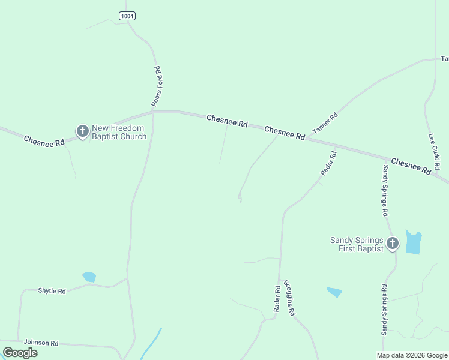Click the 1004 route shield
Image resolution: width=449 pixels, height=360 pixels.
(127, 16)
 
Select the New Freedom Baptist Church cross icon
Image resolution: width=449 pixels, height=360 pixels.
(83, 130)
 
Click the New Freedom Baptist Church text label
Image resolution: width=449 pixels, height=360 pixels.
(119, 132)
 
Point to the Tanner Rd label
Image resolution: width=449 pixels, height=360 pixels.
(325, 124)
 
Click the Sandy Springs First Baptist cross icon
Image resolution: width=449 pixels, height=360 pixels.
(392, 243)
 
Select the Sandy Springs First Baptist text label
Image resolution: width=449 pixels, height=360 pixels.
(357, 245)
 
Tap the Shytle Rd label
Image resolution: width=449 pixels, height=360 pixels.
(52, 291)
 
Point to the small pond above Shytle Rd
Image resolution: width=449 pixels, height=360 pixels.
(89, 277)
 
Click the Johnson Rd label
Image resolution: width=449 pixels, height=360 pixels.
(41, 343)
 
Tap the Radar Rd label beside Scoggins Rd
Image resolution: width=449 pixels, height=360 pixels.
(277, 298)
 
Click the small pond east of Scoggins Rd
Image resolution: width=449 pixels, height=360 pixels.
(334, 292)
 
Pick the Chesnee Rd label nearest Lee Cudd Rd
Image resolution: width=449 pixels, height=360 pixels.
(411, 166)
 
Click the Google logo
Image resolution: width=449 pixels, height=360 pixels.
(20, 353)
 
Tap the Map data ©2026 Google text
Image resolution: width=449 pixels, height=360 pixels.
(412, 355)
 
